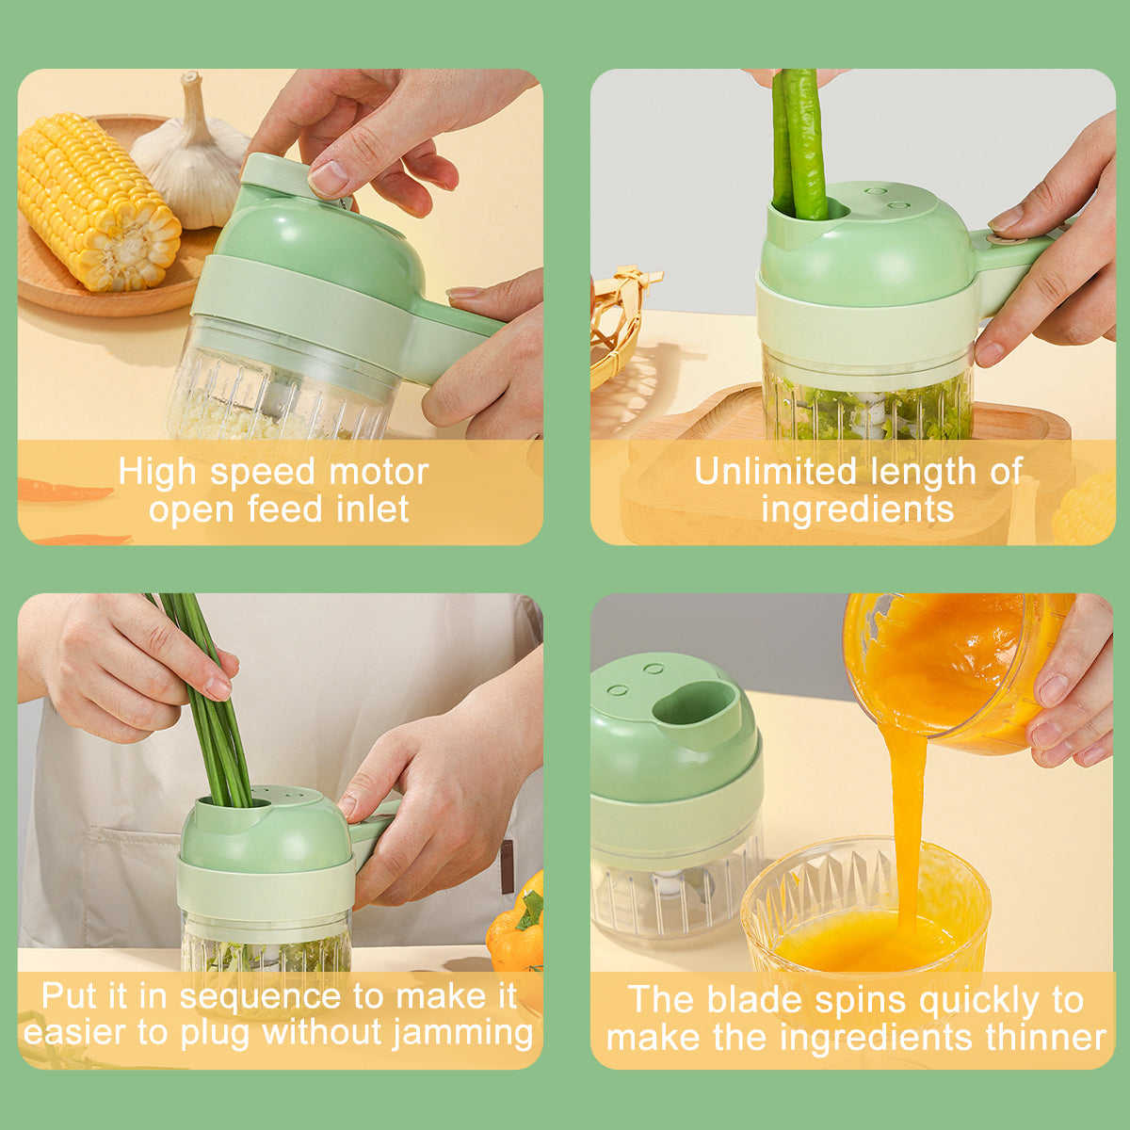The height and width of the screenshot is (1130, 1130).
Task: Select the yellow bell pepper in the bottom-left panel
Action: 518,928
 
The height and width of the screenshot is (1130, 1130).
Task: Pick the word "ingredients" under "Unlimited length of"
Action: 857,510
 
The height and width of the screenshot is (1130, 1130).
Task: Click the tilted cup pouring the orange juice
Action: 951,669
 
